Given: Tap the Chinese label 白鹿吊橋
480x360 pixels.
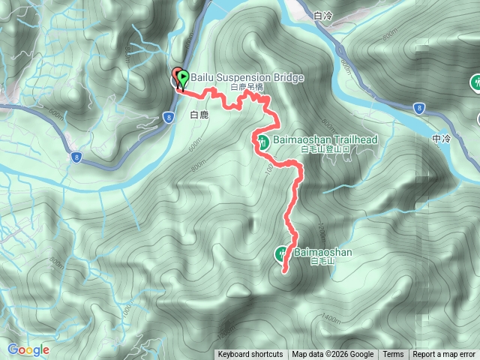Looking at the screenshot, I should tap(247, 87).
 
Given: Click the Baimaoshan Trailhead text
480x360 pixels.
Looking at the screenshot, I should tap(324, 139).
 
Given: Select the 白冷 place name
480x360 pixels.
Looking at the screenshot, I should tap(323, 15).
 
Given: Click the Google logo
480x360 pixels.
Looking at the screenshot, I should tap(28, 349).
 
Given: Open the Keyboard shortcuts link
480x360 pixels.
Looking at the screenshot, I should tap(250, 355).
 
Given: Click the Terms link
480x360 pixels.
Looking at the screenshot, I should tap(393, 355).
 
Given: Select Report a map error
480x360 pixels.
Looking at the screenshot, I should tap(445, 355).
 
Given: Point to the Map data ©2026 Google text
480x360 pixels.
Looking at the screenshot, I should tap(333, 355).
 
